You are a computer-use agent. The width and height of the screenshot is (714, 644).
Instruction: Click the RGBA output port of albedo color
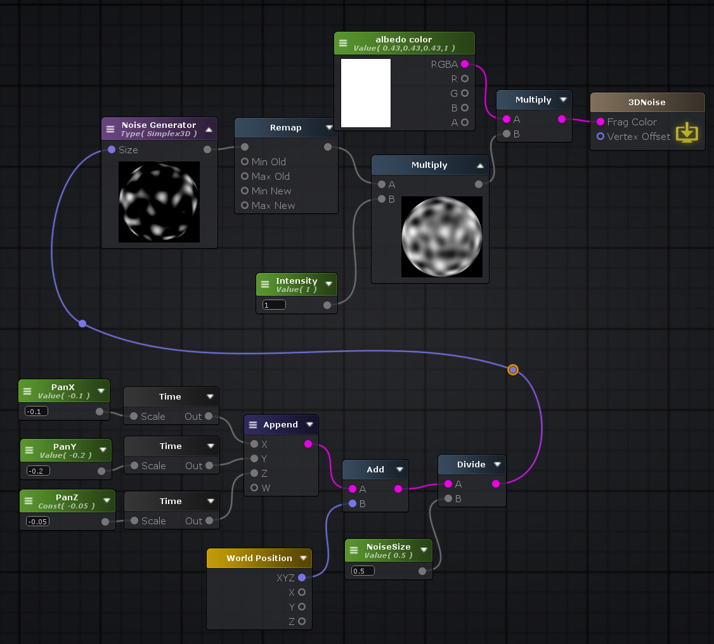[465, 64]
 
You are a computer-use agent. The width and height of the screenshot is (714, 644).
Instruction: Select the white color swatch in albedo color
[366, 93]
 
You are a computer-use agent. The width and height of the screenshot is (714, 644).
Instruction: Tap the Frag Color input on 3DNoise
[600, 122]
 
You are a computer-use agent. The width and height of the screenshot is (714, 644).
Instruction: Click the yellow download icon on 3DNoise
[687, 133]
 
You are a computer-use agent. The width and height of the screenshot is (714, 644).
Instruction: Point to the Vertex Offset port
[600, 136]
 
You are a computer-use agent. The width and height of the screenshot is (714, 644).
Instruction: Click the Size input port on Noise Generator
[112, 149]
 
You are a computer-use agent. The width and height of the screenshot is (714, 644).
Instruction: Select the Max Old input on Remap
[245, 176]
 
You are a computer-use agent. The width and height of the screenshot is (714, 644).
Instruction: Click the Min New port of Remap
[245, 191]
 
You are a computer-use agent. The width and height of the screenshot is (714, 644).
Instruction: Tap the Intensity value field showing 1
[274, 305]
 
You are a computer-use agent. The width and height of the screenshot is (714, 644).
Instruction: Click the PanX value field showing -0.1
[36, 411]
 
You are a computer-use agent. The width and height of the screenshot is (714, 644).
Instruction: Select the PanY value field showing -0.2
[38, 470]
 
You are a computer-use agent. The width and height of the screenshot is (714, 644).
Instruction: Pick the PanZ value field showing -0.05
[37, 521]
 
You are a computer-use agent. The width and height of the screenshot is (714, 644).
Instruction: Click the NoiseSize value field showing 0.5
[363, 571]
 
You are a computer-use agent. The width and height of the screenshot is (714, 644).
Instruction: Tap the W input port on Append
[254, 488]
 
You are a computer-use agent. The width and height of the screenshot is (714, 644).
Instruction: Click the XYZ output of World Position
[302, 578]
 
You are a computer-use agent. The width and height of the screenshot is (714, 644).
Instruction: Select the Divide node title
[471, 464]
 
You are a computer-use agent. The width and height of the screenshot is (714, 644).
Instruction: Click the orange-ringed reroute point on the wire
[513, 369]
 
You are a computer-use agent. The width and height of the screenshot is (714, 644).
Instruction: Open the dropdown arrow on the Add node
[399, 469]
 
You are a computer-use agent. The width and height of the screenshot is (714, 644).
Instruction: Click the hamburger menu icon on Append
[253, 424]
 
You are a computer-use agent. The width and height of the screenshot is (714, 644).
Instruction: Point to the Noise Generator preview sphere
[159, 201]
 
